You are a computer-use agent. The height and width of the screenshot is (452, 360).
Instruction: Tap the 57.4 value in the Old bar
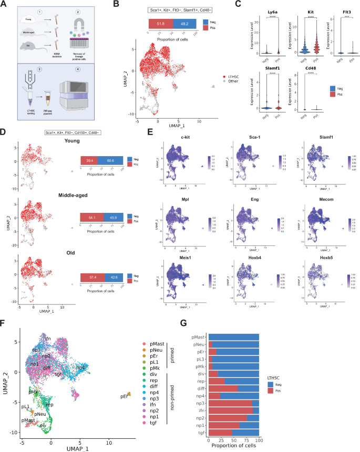pos(90,276)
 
